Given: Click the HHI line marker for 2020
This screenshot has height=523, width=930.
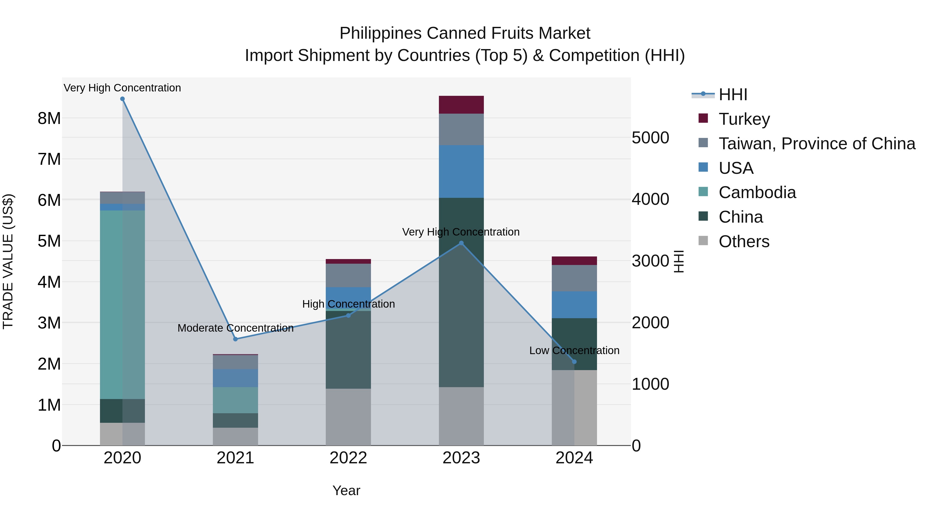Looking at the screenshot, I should pos(122,99).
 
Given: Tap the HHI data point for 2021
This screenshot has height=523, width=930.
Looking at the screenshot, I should pos(235,339).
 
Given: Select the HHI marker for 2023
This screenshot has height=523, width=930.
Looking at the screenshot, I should pos(461,243).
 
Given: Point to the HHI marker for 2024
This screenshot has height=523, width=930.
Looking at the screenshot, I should pos(574,362).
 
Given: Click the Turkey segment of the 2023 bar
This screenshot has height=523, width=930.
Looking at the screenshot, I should pos(461,105).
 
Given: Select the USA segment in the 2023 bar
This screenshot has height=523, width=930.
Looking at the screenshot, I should pos(461,171).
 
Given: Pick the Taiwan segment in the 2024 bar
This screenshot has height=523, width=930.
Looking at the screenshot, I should pos(574,278).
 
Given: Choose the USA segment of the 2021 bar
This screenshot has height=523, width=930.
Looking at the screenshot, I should pos(235,378).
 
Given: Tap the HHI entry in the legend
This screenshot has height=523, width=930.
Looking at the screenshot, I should pos(733,95).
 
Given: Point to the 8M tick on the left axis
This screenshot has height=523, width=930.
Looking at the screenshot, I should pos(49,118).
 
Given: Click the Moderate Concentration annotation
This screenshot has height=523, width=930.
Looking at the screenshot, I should pos(235,328).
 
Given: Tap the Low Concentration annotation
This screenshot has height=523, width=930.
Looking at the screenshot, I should pos(574,350).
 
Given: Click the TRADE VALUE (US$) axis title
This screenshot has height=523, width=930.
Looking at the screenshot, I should pos(8,261).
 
